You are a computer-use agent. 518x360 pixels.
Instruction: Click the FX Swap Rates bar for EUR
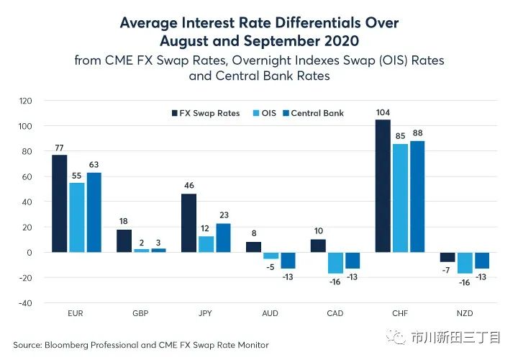click(x=59, y=203)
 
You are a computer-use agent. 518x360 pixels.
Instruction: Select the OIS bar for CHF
click(x=399, y=198)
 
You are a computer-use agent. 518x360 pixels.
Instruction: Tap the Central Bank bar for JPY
click(x=223, y=238)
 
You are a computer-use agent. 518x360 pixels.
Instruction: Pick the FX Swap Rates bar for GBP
click(x=124, y=240)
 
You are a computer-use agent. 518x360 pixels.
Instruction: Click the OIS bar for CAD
click(x=335, y=263)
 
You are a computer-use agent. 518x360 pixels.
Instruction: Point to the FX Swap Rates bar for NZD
click(x=447, y=257)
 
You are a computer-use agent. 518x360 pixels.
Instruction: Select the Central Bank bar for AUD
click(x=288, y=261)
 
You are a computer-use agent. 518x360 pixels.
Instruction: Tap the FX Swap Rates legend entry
click(x=206, y=113)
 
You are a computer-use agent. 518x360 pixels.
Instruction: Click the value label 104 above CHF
click(x=383, y=112)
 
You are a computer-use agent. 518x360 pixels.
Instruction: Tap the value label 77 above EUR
click(x=59, y=148)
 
